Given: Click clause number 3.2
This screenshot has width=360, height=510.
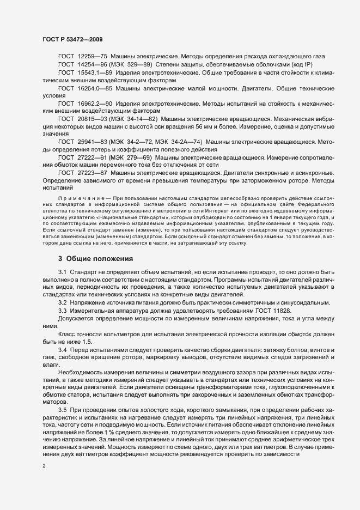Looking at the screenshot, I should (62, 302).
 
